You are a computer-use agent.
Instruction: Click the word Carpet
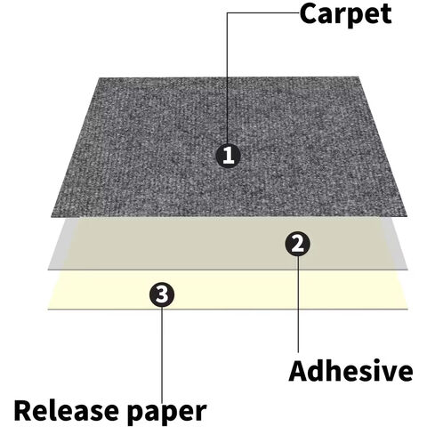point(345,14)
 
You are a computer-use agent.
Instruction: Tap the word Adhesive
point(350,371)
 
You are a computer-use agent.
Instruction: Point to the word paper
point(166,414)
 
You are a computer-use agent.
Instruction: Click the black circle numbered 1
point(228,155)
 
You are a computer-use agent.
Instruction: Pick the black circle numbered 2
point(297,244)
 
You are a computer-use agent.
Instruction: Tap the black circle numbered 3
point(162,294)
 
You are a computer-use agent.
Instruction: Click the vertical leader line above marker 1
point(228,77)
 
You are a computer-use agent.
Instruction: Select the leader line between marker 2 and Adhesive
point(298,304)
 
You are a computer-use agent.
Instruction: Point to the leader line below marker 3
point(162,353)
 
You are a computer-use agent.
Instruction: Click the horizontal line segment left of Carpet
point(263,12)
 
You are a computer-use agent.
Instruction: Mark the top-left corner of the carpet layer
point(99,78)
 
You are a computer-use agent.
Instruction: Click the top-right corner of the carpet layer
point(359,77)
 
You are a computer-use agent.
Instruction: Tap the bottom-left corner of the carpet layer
point(52,217)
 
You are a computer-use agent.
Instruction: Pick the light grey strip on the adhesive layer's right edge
point(394,244)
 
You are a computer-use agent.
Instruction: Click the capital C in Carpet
point(309,14)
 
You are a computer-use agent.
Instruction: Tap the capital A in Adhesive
point(299,371)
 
